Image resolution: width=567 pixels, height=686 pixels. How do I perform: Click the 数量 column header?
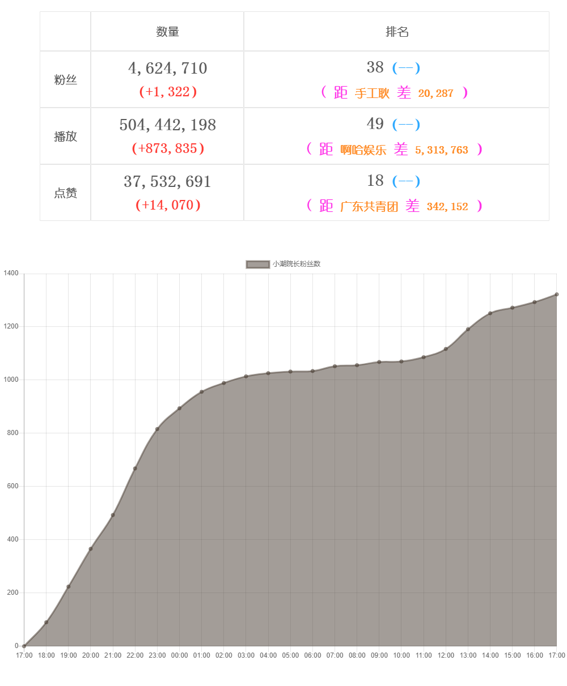point(167,32)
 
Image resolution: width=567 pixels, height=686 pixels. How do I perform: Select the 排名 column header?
point(397,32)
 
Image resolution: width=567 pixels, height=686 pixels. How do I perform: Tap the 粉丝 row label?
point(65,80)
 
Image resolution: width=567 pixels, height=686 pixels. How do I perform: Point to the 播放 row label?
point(65,137)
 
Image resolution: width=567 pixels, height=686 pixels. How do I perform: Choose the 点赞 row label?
point(65,193)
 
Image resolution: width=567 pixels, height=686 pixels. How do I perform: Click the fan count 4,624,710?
point(167,69)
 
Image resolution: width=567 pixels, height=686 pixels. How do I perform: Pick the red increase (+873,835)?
point(168,148)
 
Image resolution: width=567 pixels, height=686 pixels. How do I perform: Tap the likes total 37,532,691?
point(167,182)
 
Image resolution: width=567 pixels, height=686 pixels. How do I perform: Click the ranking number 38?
point(375,67)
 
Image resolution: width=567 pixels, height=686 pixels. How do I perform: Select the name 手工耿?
point(372,93)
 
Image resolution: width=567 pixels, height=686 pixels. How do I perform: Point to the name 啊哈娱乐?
point(363,150)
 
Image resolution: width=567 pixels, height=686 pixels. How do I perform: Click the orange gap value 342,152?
point(447,207)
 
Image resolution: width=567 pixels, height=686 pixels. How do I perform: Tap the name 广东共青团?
point(369,207)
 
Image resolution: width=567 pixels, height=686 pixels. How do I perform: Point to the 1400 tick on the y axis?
point(11,274)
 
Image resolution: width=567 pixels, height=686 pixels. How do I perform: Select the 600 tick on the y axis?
point(12,487)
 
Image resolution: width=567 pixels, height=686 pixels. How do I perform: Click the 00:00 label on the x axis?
point(179,655)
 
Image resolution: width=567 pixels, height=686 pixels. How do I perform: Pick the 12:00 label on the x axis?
point(446,655)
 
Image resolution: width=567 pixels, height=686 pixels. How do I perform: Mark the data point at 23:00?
point(157,429)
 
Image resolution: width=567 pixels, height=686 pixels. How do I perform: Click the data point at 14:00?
point(490,313)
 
